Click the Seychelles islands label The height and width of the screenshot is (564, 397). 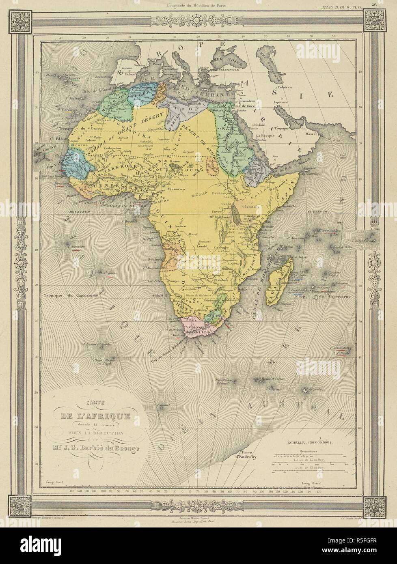[x=333, y=230]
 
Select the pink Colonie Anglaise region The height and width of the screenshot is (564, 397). [x=196, y=329]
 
